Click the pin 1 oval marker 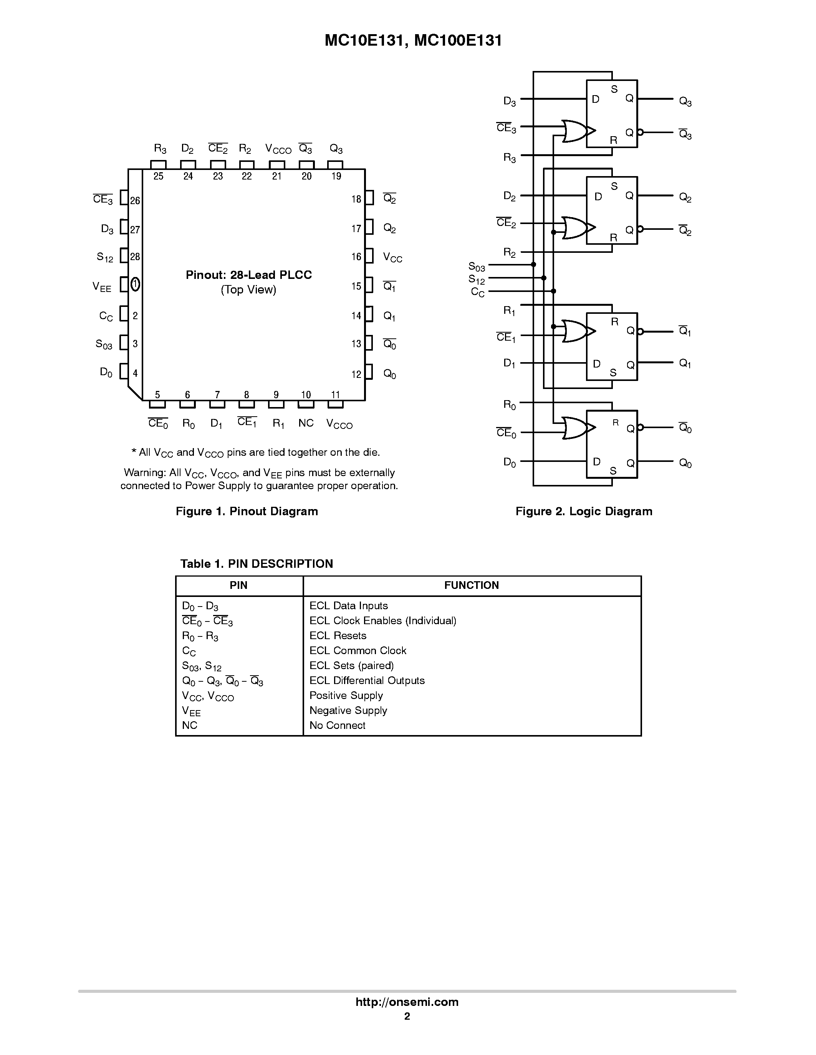pyautogui.click(x=135, y=285)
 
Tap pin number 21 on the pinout pyautogui.click(x=276, y=176)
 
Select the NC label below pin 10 pyautogui.click(x=306, y=423)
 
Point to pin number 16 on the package pyautogui.click(x=356, y=257)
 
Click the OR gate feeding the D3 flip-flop pyautogui.click(x=575, y=131)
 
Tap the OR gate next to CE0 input pyautogui.click(x=575, y=428)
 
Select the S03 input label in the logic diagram pyautogui.click(x=477, y=267)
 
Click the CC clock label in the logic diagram pyautogui.click(x=478, y=292)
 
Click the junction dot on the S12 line pyautogui.click(x=544, y=278)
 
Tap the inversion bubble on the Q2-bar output pyautogui.click(x=641, y=229)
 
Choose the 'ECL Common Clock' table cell pyautogui.click(x=358, y=651)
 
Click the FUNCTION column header pyautogui.click(x=471, y=585)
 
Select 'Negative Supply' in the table pyautogui.click(x=348, y=710)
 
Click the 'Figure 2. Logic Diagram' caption pyautogui.click(x=583, y=511)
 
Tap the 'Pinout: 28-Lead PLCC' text pyautogui.click(x=248, y=275)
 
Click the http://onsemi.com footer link pyautogui.click(x=407, y=1002)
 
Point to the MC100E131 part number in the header pyautogui.click(x=458, y=41)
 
